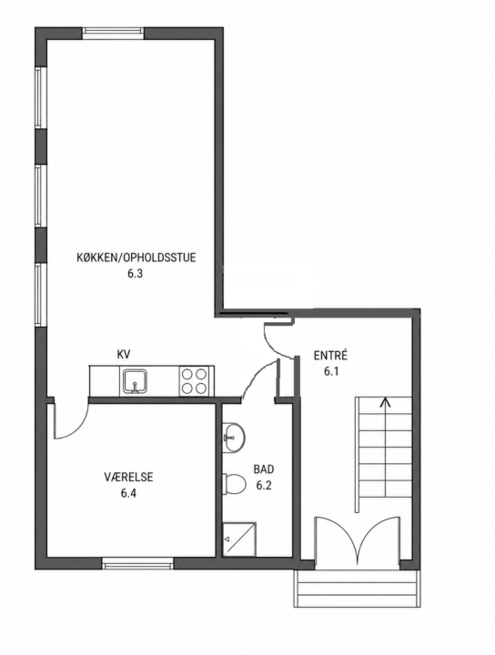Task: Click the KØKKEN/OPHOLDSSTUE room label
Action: click(x=136, y=257)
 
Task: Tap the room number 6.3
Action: click(x=136, y=274)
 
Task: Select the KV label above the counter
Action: click(x=124, y=355)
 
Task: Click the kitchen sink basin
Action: click(x=135, y=381)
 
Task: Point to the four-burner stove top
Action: click(x=194, y=381)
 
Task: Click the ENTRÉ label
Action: click(x=330, y=356)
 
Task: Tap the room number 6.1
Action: click(x=331, y=371)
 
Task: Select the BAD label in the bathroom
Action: click(x=264, y=469)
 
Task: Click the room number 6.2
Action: click(x=264, y=486)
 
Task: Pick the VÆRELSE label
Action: click(x=128, y=477)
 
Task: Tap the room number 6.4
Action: click(x=128, y=493)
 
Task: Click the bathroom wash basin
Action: click(x=234, y=438)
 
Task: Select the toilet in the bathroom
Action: click(x=234, y=484)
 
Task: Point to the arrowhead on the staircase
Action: click(x=385, y=401)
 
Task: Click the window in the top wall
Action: click(x=113, y=33)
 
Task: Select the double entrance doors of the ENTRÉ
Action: click(x=358, y=539)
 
